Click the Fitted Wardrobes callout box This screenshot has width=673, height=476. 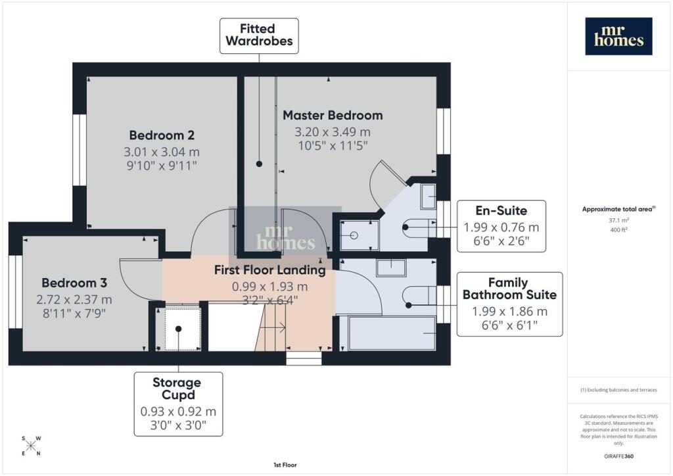(x=259, y=36)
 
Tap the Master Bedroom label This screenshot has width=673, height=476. (x=333, y=115)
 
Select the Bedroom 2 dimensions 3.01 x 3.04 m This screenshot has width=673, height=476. (x=162, y=151)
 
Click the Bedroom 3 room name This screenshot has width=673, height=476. (x=74, y=283)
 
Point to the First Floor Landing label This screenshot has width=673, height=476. (x=270, y=270)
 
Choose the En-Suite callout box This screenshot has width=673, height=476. (x=501, y=226)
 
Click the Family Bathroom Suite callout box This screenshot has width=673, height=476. (x=509, y=304)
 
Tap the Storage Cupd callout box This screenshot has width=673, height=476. (x=178, y=404)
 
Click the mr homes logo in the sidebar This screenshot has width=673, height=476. (x=618, y=36)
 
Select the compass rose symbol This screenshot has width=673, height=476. (x=31, y=446)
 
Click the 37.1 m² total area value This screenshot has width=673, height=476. (x=618, y=220)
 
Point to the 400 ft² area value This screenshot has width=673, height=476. (x=618, y=229)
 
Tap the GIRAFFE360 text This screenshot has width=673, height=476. (x=618, y=456)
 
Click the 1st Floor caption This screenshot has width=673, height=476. (x=285, y=465)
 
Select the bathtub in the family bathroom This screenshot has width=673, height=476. (x=392, y=333)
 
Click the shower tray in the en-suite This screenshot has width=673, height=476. (x=360, y=235)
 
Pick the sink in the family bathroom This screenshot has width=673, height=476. (x=391, y=268)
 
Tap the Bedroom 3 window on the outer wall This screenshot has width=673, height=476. (x=16, y=292)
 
